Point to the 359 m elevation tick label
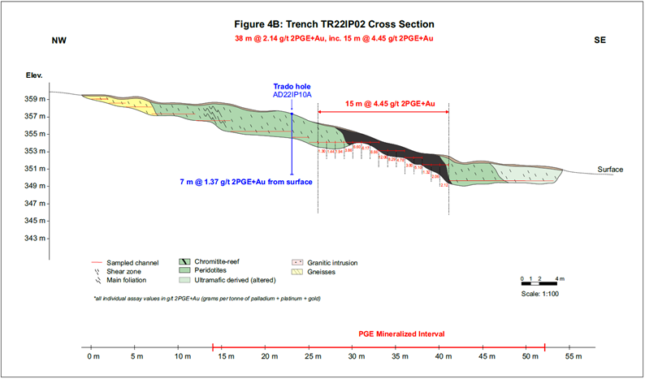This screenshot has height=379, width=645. click(58, 99)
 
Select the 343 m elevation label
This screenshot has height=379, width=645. click(58, 239)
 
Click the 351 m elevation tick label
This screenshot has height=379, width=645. click(58, 169)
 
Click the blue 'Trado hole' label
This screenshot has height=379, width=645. click(292, 86)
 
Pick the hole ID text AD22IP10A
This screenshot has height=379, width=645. click(292, 95)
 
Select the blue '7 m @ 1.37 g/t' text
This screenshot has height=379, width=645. click(248, 181)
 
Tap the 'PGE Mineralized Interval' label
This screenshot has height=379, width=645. click(402, 334)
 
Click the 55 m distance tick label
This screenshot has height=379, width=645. click(574, 357)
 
